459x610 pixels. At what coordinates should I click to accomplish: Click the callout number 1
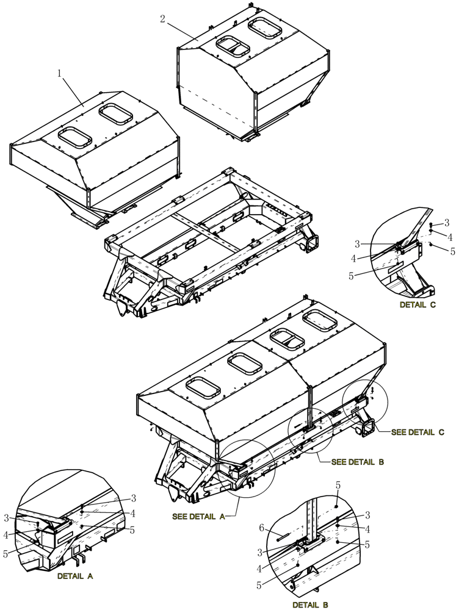(59, 73)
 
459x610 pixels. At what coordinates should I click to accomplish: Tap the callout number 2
(162, 19)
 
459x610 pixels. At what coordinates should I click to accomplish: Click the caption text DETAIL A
(75, 575)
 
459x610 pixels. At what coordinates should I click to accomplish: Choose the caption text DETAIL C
(417, 304)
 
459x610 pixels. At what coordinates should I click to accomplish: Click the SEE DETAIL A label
(198, 516)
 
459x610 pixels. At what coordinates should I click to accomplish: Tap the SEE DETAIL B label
(357, 462)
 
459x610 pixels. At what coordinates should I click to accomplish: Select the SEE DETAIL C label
(417, 432)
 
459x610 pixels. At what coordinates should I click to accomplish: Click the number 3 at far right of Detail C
(447, 223)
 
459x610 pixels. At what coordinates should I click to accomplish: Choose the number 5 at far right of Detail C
(452, 250)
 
